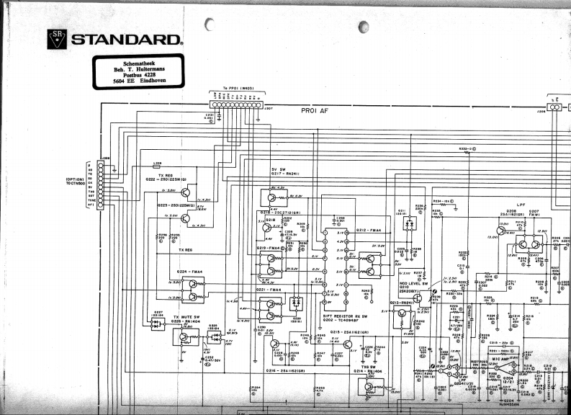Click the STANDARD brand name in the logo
(126, 39)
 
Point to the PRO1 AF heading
(315, 111)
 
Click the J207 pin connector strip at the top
(237, 104)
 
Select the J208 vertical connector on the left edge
(100, 184)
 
